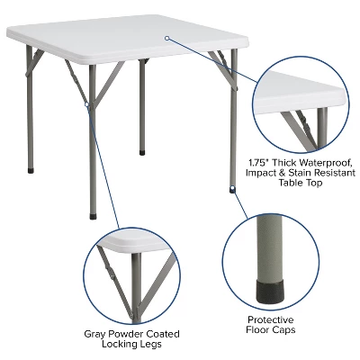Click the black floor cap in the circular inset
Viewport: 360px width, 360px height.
click(x=269, y=288)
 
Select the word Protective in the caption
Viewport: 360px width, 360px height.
click(x=270, y=319)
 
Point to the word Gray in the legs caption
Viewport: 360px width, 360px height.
click(x=95, y=334)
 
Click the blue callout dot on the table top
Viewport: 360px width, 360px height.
click(x=167, y=38)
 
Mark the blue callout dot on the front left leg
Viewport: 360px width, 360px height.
click(x=87, y=104)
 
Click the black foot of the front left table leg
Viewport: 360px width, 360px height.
click(x=94, y=217)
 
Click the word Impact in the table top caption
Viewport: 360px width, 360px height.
click(x=267, y=175)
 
